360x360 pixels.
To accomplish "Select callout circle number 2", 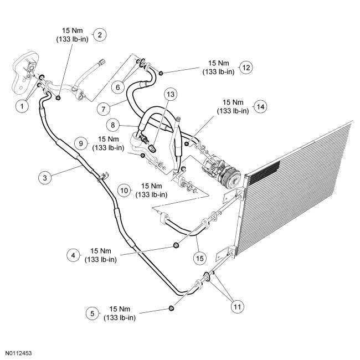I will click(x=99, y=34).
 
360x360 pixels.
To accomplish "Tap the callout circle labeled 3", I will click(x=46, y=178).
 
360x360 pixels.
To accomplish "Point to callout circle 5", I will click(x=92, y=313).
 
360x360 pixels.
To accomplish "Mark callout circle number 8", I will click(x=113, y=125).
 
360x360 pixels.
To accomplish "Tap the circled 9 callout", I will click(x=81, y=143).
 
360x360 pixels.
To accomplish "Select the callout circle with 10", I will click(x=125, y=190).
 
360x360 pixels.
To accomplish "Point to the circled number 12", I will click(x=246, y=68).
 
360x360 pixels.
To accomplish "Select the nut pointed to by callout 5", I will click(x=171, y=308).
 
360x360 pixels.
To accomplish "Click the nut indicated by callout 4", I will click(x=176, y=245).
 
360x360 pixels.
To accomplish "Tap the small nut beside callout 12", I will click(x=161, y=73).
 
